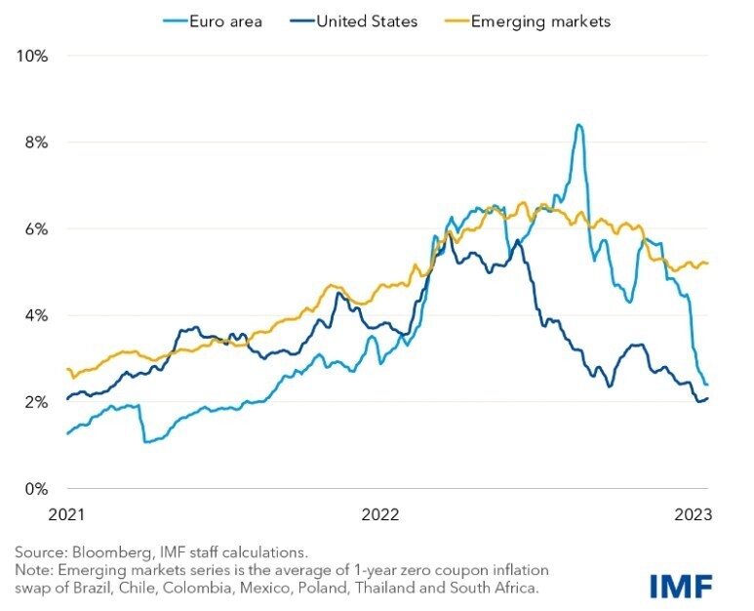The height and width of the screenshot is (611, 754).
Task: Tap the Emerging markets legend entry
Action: tap(538, 21)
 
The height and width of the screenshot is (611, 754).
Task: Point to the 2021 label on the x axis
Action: tap(65, 513)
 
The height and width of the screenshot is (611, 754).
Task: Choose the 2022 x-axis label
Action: tap(381, 513)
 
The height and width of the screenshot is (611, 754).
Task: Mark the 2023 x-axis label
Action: tap(692, 513)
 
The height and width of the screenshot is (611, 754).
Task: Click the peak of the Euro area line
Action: tap(579, 125)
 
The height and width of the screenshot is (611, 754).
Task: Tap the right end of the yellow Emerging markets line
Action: tap(707, 264)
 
